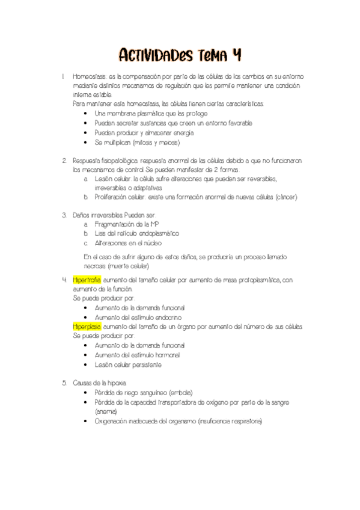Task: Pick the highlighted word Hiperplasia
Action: pos(87,327)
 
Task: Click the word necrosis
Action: pos(95,266)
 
